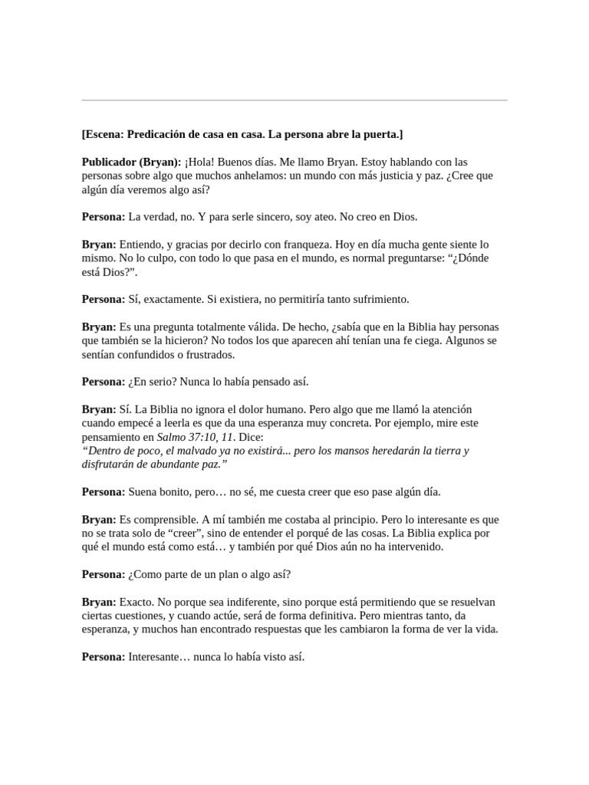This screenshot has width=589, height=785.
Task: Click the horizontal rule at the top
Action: (294, 100)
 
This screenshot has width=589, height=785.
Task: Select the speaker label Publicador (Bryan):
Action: (132, 162)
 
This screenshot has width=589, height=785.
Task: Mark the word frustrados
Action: (209, 355)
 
